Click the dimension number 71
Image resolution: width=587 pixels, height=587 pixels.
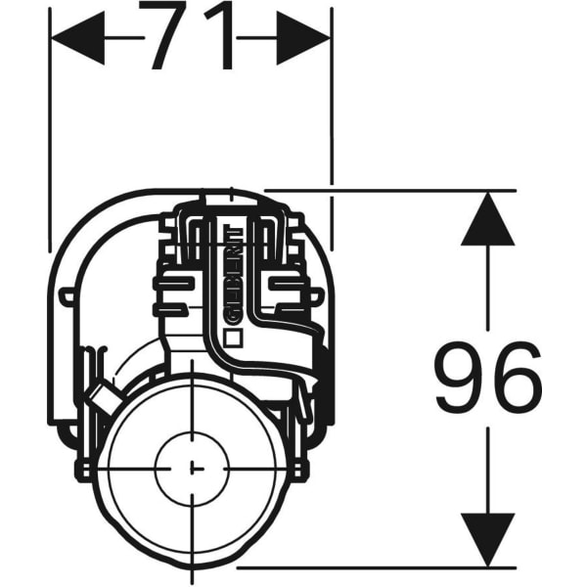click(192, 38)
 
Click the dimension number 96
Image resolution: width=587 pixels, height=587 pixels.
click(487, 378)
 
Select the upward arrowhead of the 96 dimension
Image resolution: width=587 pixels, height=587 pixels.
click(487, 219)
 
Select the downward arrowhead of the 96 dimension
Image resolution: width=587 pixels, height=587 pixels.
click(487, 539)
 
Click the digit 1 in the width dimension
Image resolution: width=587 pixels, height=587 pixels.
click(221, 38)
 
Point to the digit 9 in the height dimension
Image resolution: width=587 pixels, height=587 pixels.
click(460, 378)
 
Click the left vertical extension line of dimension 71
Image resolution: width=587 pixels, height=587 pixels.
click(49, 127)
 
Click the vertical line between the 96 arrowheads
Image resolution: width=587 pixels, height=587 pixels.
click(487, 293)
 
